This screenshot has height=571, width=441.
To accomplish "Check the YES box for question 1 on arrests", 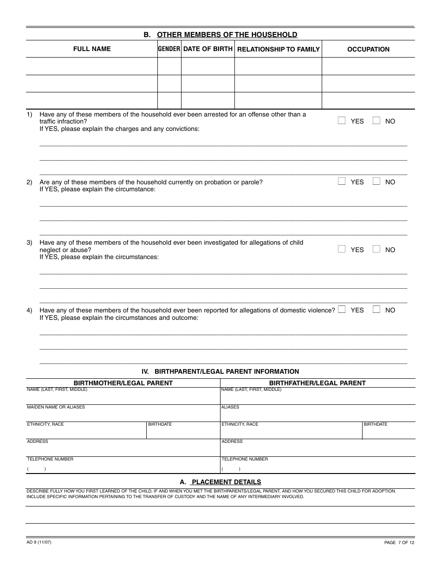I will tap(342, 121).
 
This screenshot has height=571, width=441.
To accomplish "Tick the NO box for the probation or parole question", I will tap(376, 182).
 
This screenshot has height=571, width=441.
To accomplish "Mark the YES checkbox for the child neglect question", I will tap(342, 249).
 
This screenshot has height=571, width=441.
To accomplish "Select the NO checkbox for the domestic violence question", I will tap(376, 310).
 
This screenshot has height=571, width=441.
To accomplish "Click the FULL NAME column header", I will tap(92, 49).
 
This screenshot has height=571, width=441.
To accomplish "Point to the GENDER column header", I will tap(169, 49).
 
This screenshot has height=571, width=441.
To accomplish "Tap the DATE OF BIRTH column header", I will tap(208, 49).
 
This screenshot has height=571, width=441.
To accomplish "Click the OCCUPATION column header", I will tap(368, 49).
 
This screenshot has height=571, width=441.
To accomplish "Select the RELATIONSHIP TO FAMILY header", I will tap(279, 49).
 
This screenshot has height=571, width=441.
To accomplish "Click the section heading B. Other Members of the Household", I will tap(220, 35).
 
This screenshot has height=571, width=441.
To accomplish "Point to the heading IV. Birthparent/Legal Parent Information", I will tap(220, 371).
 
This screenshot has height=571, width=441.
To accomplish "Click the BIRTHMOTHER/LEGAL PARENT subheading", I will tap(123, 383).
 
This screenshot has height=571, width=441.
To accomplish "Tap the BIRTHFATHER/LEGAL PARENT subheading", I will tap(318, 383).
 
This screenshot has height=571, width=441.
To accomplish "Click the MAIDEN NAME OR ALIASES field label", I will tap(56, 407).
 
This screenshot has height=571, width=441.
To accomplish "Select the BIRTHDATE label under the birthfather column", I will tap(376, 424).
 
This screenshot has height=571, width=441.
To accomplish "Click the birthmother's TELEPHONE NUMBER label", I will tap(50, 459).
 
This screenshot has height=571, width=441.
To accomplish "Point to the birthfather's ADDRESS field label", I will tap(232, 441).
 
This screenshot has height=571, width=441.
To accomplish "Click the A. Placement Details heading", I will tap(220, 482).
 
